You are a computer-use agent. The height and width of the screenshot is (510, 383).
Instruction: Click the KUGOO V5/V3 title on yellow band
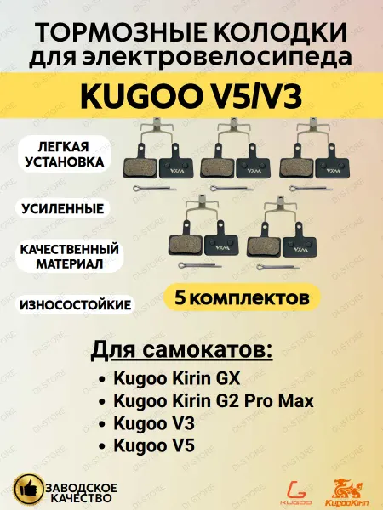191,97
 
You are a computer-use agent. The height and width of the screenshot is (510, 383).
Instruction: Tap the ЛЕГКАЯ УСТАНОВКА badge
64,154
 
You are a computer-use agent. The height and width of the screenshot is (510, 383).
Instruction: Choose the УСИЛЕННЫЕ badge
63,208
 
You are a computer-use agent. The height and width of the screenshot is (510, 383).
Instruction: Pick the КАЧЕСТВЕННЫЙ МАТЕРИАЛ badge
70,257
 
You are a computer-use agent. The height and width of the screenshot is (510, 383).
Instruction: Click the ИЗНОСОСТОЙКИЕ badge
75,305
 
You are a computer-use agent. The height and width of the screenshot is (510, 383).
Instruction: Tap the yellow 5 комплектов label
242,297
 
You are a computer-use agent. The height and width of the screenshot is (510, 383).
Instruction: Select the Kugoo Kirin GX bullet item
176,378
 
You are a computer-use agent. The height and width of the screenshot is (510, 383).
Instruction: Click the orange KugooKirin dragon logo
347,491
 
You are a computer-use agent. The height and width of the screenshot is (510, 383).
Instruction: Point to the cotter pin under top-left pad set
155,188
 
